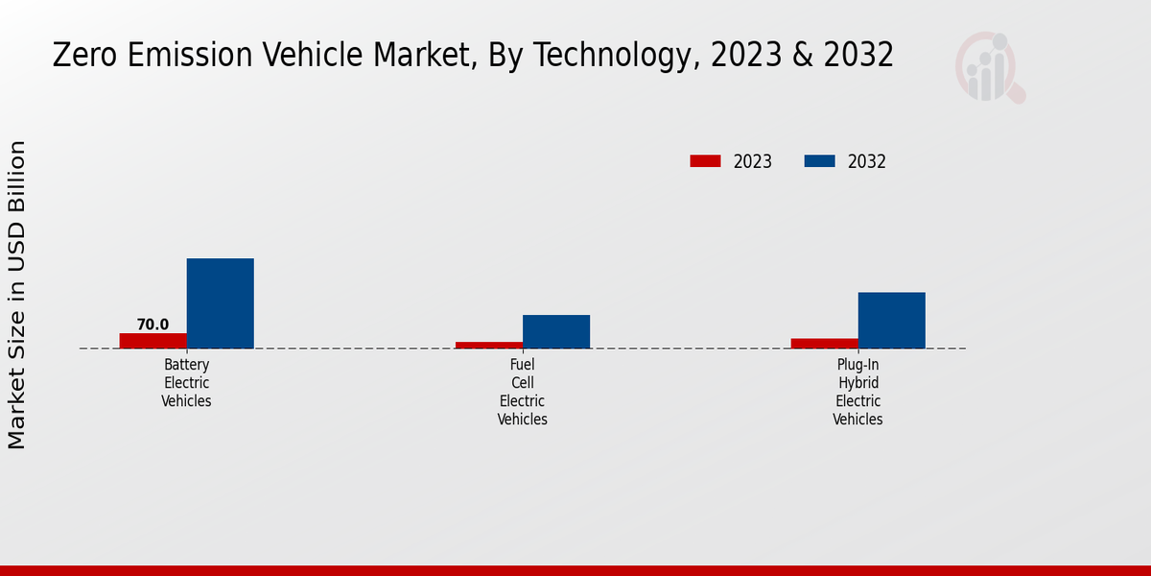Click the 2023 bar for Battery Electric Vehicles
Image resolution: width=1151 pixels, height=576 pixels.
tap(153, 341)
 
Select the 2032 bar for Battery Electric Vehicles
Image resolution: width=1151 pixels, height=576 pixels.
tap(221, 303)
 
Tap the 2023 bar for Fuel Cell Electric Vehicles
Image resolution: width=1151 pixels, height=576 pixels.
tap(489, 345)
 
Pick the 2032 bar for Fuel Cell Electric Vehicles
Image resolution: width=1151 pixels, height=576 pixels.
tap(556, 331)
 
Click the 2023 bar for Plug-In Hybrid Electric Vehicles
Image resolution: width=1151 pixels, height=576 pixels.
tap(825, 343)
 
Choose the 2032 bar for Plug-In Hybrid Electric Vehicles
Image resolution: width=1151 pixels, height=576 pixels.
tap(892, 320)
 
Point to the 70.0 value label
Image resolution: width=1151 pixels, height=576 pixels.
tap(153, 324)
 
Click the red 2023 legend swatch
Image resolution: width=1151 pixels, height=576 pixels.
tap(705, 161)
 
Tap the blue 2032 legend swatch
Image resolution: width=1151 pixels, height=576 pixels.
tap(819, 161)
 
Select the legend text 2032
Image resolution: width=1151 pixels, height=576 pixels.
tap(867, 161)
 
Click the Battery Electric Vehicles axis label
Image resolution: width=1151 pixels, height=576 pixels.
tap(186, 383)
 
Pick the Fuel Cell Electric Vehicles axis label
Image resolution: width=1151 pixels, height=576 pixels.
tap(523, 392)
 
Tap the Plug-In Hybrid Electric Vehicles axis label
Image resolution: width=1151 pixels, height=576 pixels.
tap(857, 392)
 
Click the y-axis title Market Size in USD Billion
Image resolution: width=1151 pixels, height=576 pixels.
tap(17, 295)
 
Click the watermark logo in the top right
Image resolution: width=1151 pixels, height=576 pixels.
tap(990, 67)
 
